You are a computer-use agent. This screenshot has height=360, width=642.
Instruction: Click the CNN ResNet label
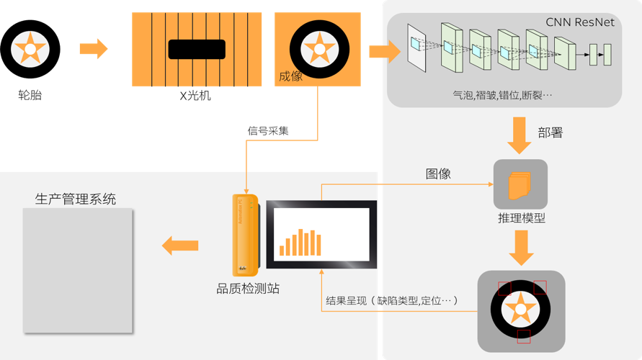580,22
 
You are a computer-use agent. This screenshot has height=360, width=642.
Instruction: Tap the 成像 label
290,75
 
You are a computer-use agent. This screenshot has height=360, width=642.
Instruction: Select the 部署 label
550,132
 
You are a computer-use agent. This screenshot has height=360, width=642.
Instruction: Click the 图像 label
438,174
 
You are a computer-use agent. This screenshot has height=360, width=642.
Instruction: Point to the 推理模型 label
521,217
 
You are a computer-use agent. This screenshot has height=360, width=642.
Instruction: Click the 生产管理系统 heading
75,199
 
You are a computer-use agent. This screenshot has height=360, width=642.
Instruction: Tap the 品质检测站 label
248,289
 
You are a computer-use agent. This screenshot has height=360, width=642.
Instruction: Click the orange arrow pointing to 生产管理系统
180,246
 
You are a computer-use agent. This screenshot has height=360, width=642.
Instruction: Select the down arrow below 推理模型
520,248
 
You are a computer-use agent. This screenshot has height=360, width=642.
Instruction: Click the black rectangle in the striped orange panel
197,49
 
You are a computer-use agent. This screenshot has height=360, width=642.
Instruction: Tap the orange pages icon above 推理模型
519,186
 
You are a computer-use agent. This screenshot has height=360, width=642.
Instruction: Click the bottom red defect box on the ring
524,336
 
